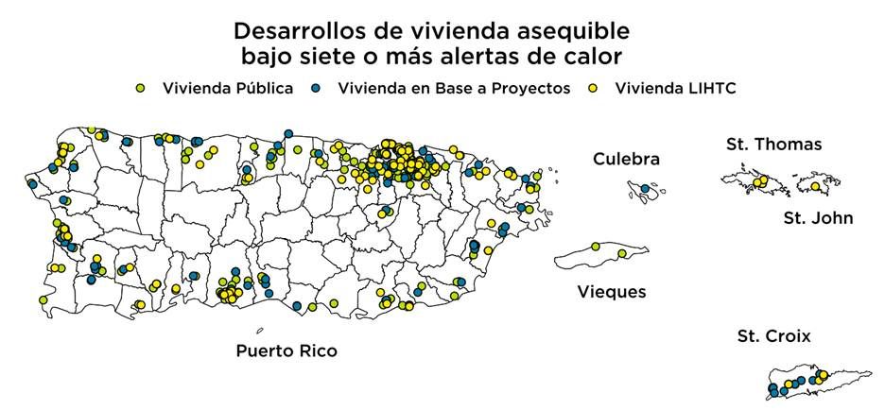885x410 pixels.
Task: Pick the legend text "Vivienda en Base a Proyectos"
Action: click(454, 88)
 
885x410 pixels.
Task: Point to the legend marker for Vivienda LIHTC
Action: click(595, 88)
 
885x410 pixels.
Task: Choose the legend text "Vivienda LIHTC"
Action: click(675, 88)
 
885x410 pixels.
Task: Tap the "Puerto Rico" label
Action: click(286, 351)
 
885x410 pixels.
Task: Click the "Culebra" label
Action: click(626, 159)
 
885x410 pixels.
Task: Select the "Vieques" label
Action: click(612, 292)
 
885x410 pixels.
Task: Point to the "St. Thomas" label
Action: click(773, 145)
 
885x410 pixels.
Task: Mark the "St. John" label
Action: click(818, 218)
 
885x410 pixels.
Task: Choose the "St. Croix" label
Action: click(773, 335)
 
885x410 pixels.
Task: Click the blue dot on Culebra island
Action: click(645, 190)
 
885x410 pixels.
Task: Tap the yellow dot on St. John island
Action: click(815, 186)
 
